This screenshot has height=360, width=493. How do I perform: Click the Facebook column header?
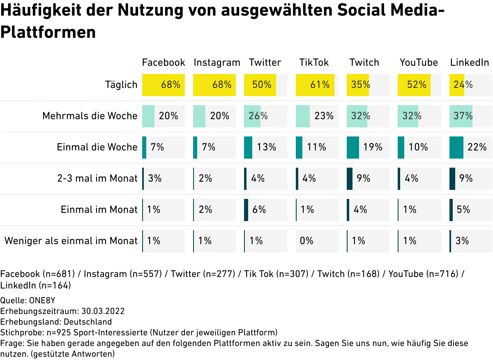point(164,62)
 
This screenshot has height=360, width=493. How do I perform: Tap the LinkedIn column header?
point(470,62)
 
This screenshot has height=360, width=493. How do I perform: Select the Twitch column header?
point(364,62)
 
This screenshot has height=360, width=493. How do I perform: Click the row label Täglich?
point(121,85)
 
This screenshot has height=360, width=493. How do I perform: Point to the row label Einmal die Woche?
point(97,147)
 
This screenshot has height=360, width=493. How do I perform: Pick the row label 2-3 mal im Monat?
point(97,178)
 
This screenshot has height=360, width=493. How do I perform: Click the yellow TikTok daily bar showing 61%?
point(315,85)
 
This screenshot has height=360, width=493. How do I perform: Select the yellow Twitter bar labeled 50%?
point(260,85)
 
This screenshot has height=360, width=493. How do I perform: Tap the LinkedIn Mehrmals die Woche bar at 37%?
point(461,116)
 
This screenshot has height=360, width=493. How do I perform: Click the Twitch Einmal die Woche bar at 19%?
point(352,147)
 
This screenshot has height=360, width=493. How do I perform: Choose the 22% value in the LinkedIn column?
point(477,147)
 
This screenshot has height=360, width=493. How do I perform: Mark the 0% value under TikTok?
point(306,241)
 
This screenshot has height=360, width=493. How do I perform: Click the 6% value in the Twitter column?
point(259,210)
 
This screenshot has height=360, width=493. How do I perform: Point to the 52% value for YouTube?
point(417,85)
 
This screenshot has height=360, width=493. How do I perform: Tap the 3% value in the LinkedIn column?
point(462,241)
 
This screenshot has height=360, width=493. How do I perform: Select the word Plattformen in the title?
point(48,32)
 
